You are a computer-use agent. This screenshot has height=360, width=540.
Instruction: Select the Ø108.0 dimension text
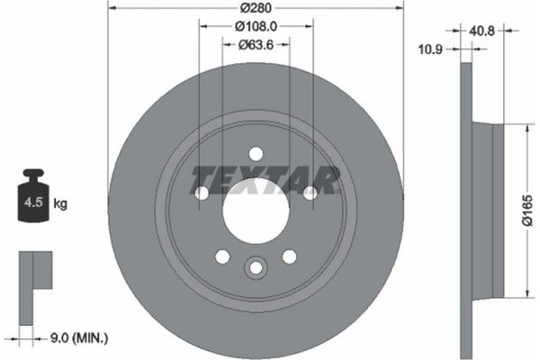coord(256,27)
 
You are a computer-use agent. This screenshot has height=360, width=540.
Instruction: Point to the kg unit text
coord(63,204)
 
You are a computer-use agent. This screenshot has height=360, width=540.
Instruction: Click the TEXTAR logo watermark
coord(266,179)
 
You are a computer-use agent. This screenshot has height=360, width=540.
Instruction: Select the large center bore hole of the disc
coord(256,216)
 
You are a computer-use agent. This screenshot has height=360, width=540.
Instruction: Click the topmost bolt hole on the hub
coord(256,153)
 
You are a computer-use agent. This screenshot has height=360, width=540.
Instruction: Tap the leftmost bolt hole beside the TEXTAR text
coord(202,193)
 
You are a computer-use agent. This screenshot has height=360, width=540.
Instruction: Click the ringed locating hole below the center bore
coord(256,267)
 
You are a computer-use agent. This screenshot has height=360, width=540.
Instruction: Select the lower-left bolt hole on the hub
coord(222,256)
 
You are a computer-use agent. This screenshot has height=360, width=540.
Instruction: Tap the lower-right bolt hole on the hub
coord(289,256)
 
